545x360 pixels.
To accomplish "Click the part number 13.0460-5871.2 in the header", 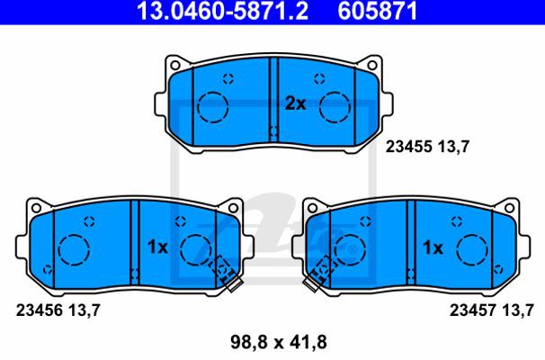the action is (222, 11).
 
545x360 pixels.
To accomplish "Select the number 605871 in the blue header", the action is (378, 11).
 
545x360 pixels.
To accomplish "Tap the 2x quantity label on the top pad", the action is (296, 103).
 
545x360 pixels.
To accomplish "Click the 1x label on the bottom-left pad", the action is (157, 247).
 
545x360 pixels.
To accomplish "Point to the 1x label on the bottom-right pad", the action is (433, 247).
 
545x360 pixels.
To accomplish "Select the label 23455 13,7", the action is (427, 147).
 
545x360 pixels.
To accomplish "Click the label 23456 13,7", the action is (58, 310).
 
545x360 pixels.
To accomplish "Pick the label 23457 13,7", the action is (491, 310).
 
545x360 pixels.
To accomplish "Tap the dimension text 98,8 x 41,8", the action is (279, 342).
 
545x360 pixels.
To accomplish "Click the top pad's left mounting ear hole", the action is (174, 65).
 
